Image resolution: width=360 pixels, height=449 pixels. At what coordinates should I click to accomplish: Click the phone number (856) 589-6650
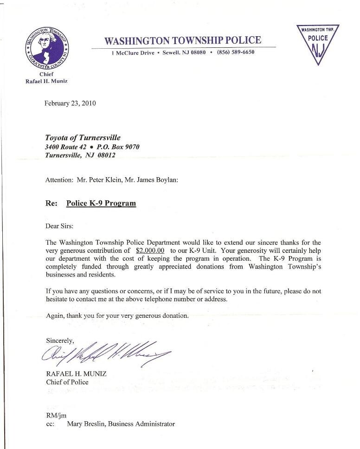(x=236, y=52)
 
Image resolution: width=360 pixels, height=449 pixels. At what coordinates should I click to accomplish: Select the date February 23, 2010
(x=70, y=103)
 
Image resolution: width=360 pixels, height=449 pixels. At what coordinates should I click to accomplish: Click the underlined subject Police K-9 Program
(x=101, y=203)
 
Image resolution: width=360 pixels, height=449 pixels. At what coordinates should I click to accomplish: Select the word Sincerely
(x=60, y=340)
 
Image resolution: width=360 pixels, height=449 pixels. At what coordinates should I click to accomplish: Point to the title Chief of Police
(x=67, y=383)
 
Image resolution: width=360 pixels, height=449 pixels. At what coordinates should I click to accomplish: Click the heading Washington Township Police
(x=183, y=40)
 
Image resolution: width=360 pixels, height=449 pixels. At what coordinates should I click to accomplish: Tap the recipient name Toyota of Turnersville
(x=83, y=138)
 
